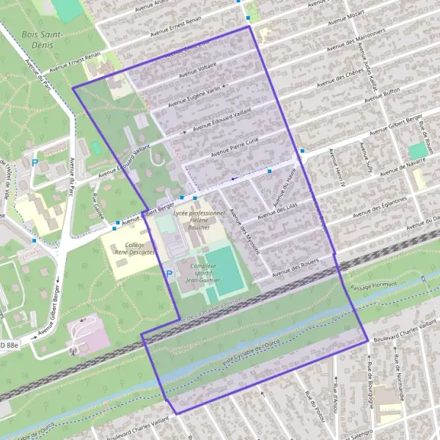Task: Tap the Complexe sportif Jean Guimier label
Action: point(200,273)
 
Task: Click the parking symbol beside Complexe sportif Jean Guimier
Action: point(169,275)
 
